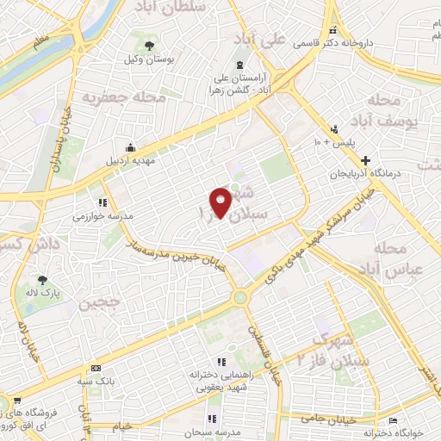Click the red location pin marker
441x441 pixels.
point(220,202)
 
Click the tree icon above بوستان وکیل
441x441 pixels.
point(151,44)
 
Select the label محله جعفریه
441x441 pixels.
point(123,98)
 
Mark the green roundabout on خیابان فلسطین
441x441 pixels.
point(240,298)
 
